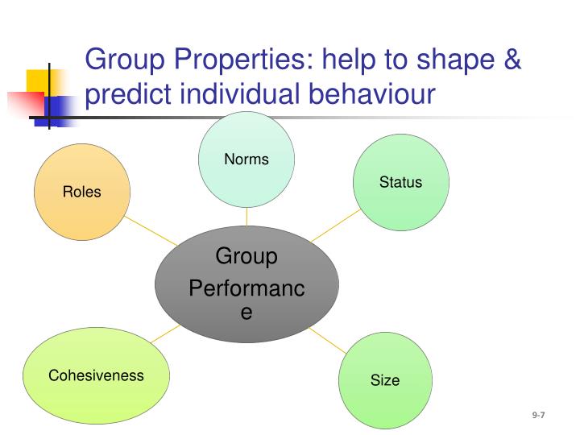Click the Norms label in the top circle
tap(246, 159)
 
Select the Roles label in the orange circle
tap(82, 192)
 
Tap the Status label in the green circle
tap(400, 182)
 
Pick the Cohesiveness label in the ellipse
tap(96, 375)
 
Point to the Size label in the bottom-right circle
tap(384, 380)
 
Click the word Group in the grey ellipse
tap(246, 257)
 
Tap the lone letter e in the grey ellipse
tap(246, 313)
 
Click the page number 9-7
tap(538, 415)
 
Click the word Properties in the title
tap(234, 59)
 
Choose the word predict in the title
tap(129, 93)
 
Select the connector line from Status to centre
tap(334, 226)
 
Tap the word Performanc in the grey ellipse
tap(246, 288)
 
